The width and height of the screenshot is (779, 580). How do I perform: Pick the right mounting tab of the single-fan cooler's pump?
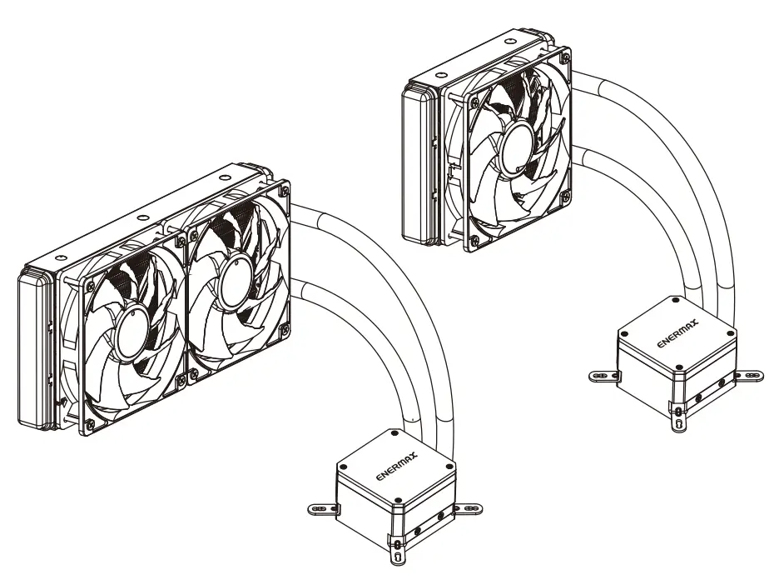(x=748, y=374)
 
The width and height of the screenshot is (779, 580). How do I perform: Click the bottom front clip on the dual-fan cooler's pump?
(x=396, y=552)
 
